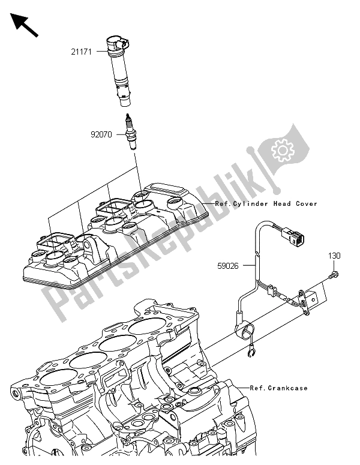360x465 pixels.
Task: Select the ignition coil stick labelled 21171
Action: tap(121, 69)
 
